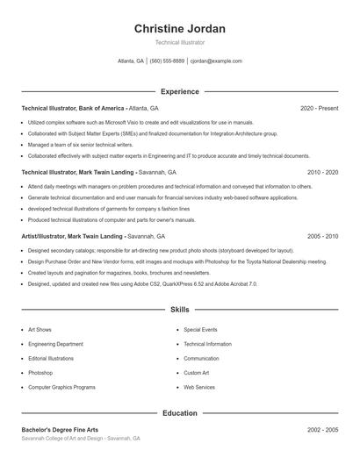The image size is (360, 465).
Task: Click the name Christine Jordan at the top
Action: point(180,29)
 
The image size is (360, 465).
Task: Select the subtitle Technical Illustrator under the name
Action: point(180,42)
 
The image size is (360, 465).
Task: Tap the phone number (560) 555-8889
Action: point(167,61)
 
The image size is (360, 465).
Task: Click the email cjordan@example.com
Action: point(216,61)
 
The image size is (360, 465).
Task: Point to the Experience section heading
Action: point(180,91)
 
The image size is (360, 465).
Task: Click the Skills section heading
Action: point(180,310)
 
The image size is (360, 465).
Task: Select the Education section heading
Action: point(180,412)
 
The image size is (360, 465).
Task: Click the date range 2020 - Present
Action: point(319,108)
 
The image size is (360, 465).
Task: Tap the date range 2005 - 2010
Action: point(322,237)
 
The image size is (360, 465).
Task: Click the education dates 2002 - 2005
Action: point(322,430)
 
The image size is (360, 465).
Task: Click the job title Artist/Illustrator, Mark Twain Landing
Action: point(72,237)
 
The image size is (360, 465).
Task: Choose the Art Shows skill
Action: point(40,330)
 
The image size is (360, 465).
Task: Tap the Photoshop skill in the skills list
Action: point(40,373)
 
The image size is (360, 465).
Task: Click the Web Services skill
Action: point(199,387)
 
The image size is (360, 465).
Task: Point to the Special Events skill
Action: point(201,330)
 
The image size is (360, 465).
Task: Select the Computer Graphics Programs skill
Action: point(61,387)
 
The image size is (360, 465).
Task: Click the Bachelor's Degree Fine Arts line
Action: point(60,430)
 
